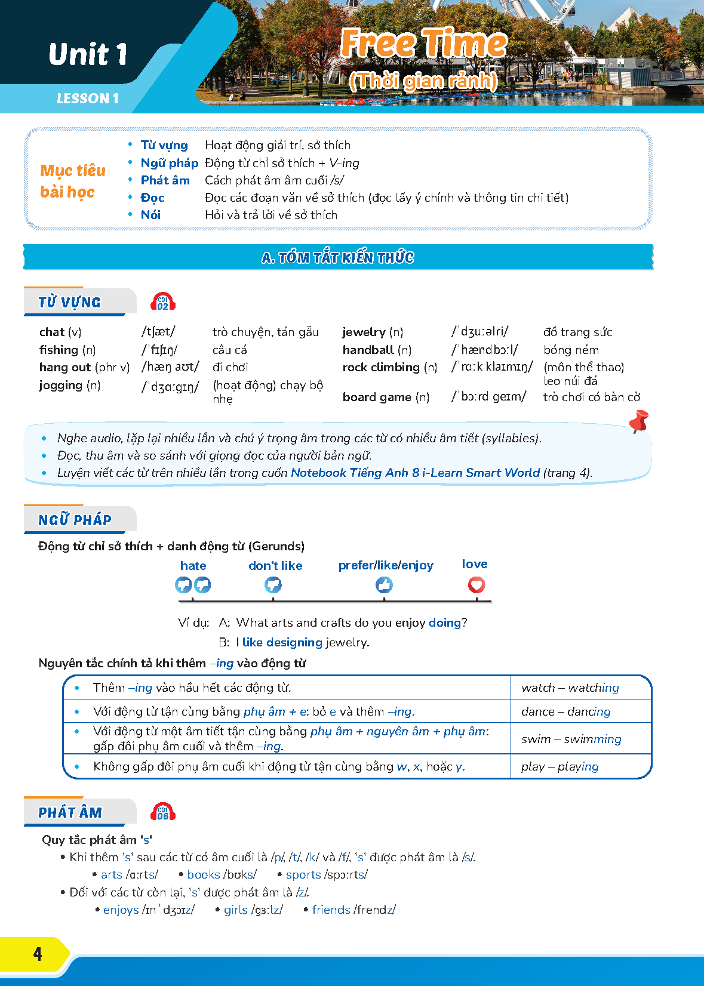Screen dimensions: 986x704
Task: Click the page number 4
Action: tap(37, 954)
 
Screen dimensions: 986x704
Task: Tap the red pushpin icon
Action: tap(639, 421)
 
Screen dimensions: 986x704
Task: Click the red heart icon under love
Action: tap(476, 585)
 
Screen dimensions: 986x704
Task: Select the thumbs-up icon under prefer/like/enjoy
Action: tap(384, 585)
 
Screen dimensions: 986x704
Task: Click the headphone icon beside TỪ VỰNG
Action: tap(163, 302)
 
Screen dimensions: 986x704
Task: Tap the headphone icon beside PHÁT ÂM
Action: tap(163, 812)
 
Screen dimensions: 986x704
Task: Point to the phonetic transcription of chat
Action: tap(158, 332)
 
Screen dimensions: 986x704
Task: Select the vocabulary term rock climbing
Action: tap(381, 367)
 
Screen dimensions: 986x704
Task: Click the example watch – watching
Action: tap(570, 688)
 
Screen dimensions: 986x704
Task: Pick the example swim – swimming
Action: tap(571, 739)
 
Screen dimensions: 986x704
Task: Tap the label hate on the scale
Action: tap(193, 566)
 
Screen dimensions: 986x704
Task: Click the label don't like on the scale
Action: tap(275, 566)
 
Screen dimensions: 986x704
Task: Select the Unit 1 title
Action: tap(88, 54)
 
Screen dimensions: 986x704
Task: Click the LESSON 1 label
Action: tap(88, 98)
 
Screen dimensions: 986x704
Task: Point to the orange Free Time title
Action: tap(423, 44)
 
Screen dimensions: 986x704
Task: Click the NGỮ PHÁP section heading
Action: tap(75, 520)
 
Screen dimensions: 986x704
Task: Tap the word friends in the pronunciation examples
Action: tap(331, 910)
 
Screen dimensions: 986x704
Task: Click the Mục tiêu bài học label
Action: tap(72, 181)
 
